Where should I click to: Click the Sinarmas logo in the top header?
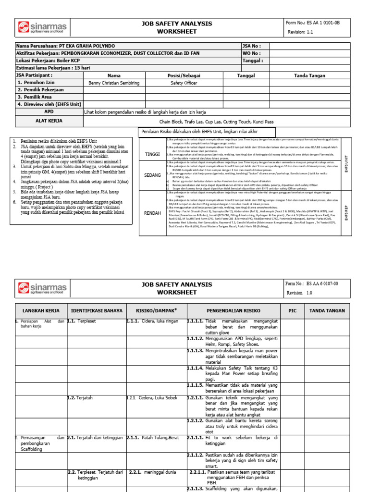pos(42,28)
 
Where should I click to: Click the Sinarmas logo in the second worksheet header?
pos(42,288)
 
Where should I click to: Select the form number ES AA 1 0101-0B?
pos(319,23)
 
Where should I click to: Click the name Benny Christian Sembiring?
pos(114,83)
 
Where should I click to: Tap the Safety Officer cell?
pos(184,83)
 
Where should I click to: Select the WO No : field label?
pos(253,53)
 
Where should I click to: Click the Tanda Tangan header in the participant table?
pos(309,75)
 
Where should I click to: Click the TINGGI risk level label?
pos(152,154)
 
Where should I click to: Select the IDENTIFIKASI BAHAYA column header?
pos(97,310)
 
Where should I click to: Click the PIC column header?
pos(292,310)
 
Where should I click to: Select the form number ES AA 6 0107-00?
pos(319,283)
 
